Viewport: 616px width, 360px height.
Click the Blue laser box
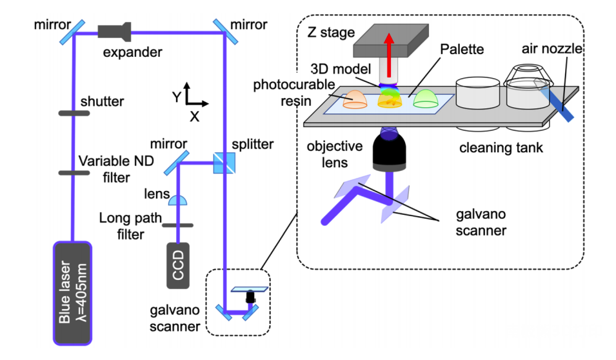73,293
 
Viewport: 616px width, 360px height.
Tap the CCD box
178,266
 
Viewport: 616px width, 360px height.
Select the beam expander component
114,32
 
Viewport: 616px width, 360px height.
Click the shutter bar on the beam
74,113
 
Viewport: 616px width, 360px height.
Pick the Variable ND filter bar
74,172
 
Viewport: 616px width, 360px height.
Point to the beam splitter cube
224,163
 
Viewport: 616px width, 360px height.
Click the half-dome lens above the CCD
178,201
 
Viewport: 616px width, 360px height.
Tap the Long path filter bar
177,225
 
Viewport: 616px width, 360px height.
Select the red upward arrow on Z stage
389,55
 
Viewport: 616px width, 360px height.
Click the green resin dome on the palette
426,99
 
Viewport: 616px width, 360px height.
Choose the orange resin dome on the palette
355,99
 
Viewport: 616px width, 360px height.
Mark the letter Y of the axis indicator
177,97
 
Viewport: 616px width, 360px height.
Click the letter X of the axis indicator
194,117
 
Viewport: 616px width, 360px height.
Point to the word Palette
462,49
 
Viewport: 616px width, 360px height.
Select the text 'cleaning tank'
501,148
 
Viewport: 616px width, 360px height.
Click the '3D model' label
341,69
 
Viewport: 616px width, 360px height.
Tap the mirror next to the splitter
176,163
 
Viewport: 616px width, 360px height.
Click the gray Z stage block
391,41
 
